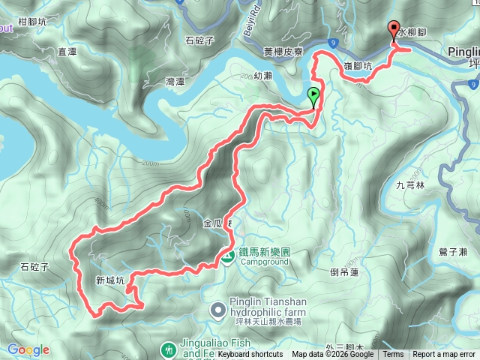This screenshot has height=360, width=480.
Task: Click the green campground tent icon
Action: (226, 257)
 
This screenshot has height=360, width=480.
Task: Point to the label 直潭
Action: (67, 52)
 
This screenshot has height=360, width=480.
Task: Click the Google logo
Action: (28, 349)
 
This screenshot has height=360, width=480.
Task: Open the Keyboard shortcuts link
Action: (250, 355)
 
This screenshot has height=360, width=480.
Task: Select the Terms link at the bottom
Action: (393, 355)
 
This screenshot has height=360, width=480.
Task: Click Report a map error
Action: (445, 355)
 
